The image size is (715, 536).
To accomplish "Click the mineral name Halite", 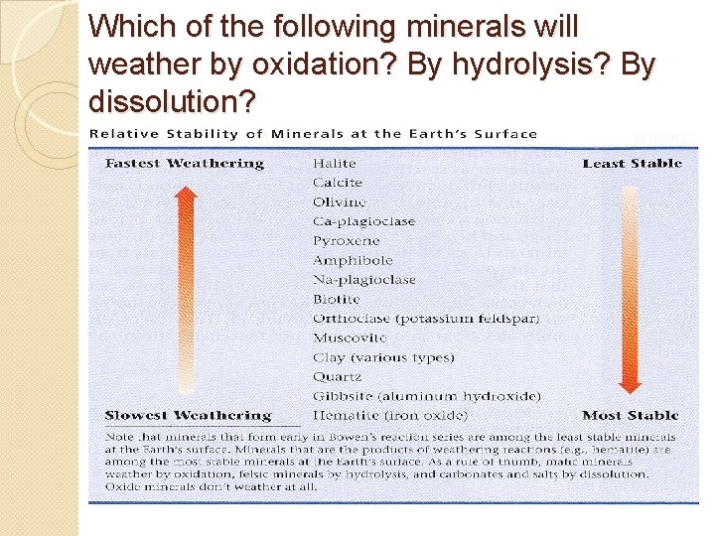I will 334,163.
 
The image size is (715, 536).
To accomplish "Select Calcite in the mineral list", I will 338,183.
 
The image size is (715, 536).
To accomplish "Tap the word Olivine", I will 339,201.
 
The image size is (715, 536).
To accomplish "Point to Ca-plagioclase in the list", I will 363,221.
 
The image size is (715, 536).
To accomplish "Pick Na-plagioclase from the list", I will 363,279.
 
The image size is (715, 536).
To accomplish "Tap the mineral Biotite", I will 336,299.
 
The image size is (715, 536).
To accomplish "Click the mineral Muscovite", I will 350,337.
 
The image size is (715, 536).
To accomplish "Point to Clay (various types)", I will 382,357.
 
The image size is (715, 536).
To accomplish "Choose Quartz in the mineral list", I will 337,376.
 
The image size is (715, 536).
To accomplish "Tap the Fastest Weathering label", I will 185,163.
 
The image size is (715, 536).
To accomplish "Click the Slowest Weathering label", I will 188,415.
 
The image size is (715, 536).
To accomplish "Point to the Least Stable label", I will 632,163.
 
